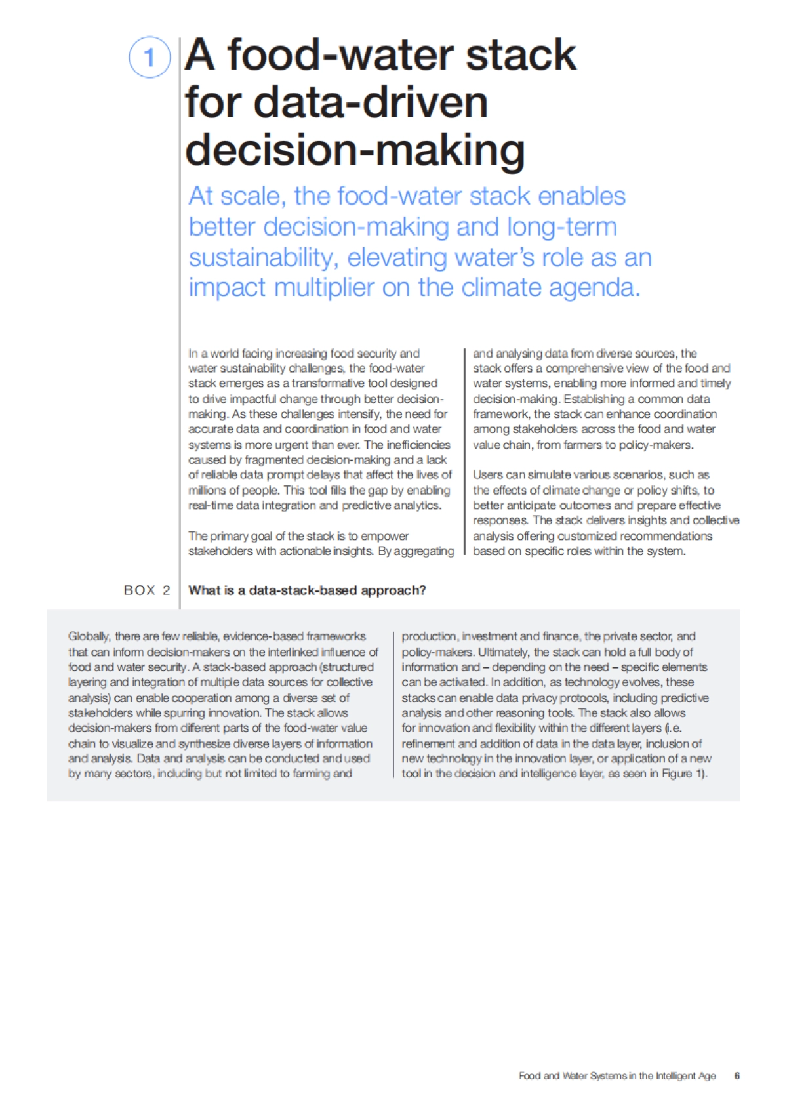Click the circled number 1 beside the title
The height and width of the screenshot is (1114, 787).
(x=150, y=57)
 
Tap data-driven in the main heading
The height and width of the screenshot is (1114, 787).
(x=371, y=103)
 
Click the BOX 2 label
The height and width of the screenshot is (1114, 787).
(x=147, y=590)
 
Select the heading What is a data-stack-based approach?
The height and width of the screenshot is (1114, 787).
(x=307, y=590)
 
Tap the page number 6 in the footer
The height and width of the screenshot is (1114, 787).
(x=737, y=1076)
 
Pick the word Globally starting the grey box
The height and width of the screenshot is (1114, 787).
(x=89, y=636)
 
